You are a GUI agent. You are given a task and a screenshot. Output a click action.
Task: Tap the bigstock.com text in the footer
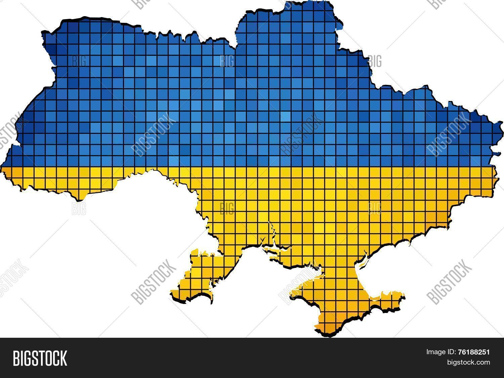tap(468, 362)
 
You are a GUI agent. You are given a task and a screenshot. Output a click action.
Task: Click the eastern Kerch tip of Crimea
tap(403, 296)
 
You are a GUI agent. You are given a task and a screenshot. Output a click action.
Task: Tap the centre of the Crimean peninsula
tap(339, 295)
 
